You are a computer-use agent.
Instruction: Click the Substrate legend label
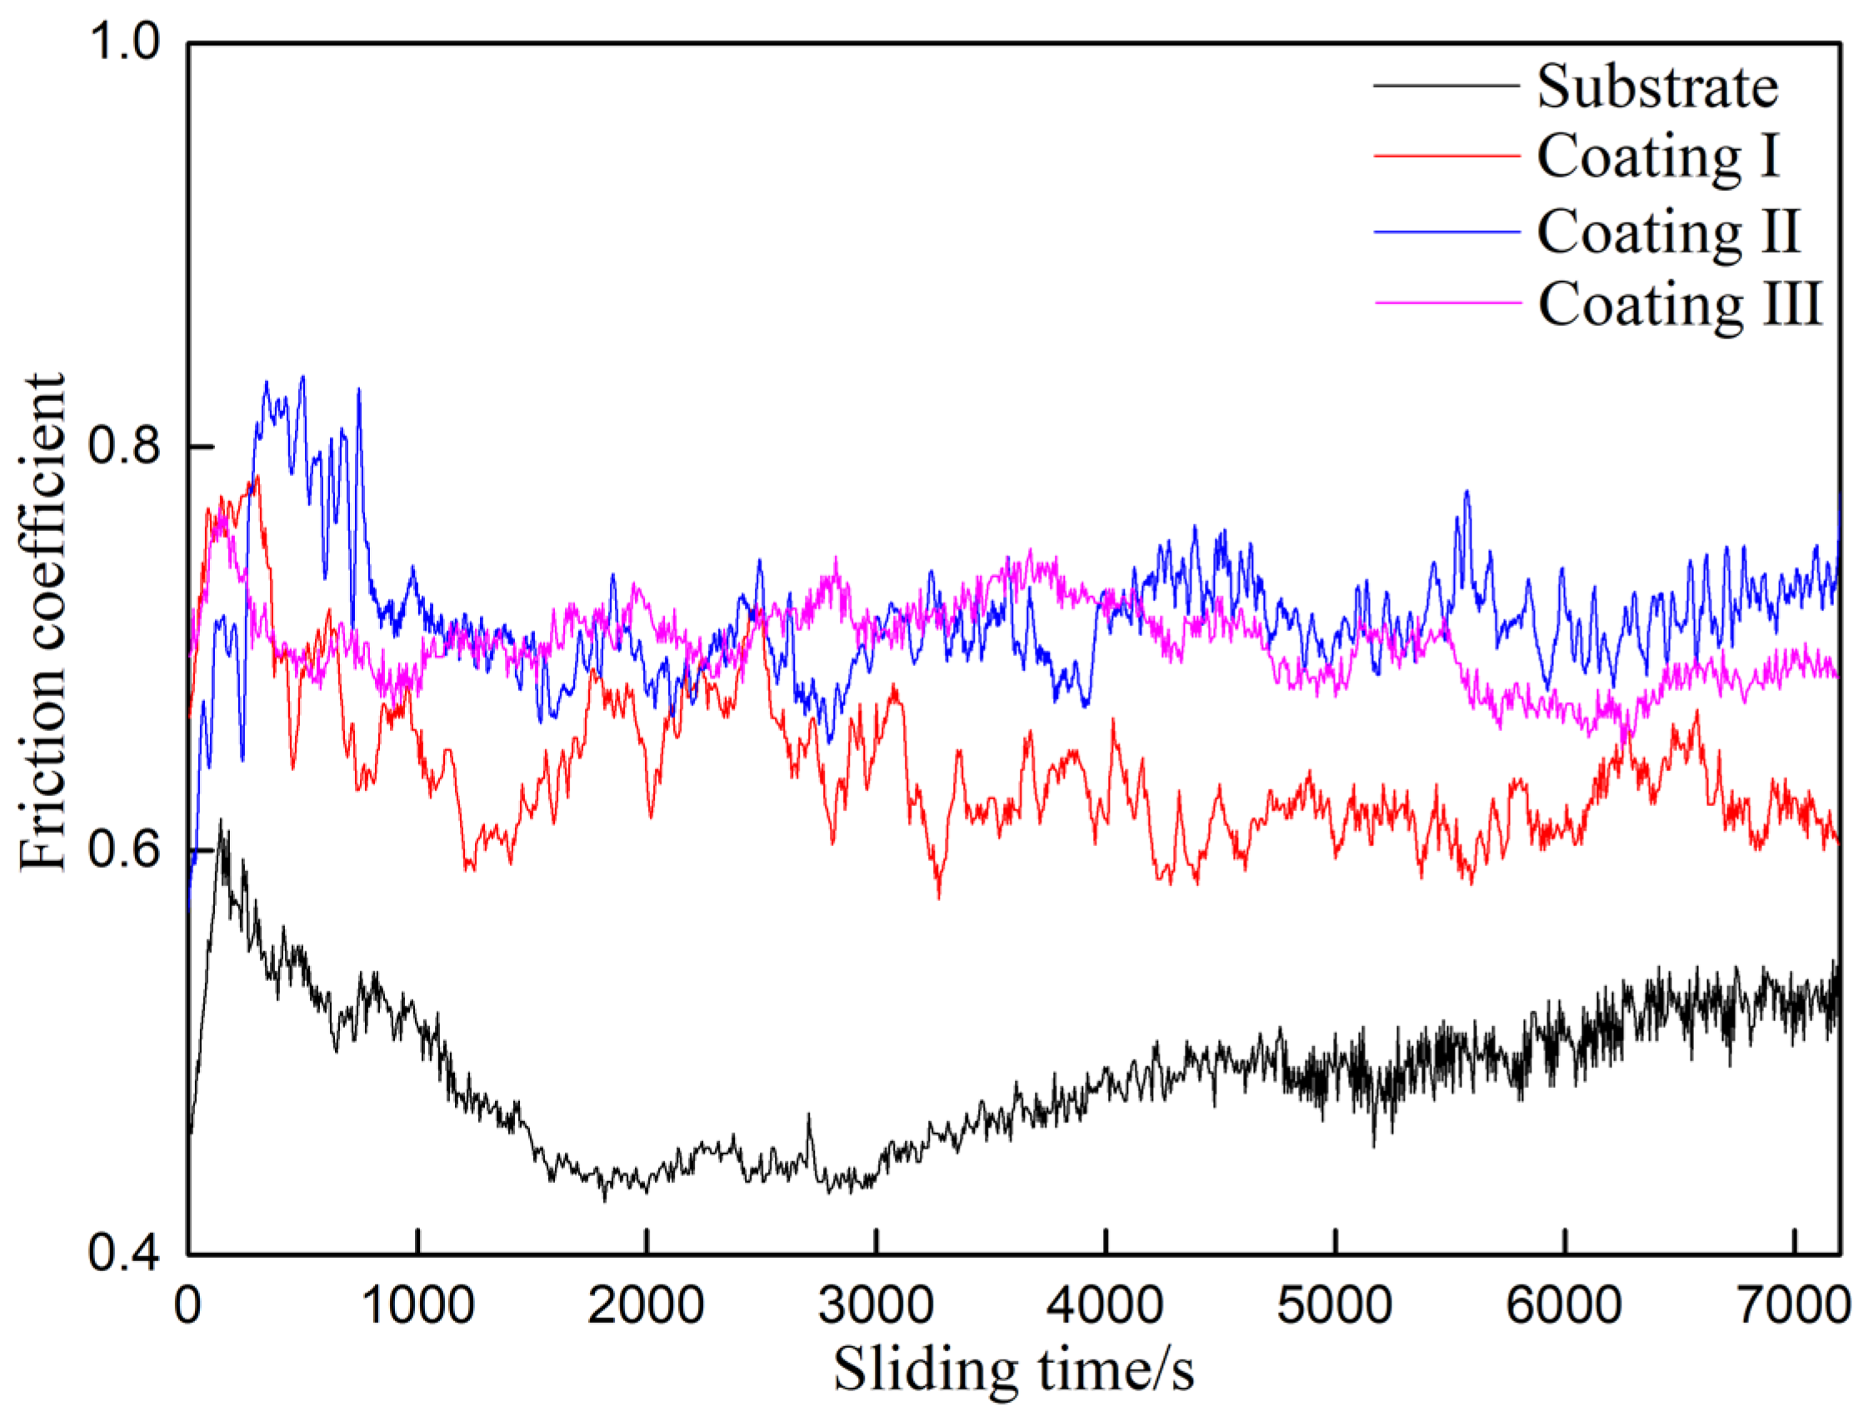[1657, 88]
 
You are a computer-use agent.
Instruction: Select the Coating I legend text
[1657, 158]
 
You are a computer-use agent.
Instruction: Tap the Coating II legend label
[1667, 231]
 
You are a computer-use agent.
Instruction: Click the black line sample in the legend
[1446, 86]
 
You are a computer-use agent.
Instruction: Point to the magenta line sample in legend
[1446, 303]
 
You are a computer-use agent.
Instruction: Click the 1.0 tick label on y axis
[125, 43]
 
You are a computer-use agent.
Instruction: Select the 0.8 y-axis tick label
[125, 445]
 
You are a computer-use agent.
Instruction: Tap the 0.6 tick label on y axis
[125, 849]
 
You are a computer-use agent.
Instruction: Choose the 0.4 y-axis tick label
[125, 1254]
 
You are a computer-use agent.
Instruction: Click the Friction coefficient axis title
[42, 623]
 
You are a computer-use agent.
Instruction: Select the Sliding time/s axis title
[1013, 1370]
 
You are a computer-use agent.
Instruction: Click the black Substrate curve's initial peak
[221, 822]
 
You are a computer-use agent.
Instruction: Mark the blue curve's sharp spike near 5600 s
[1466, 492]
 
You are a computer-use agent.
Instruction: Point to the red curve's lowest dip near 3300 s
[938, 896]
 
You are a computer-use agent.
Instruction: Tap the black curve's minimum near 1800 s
[604, 1199]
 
